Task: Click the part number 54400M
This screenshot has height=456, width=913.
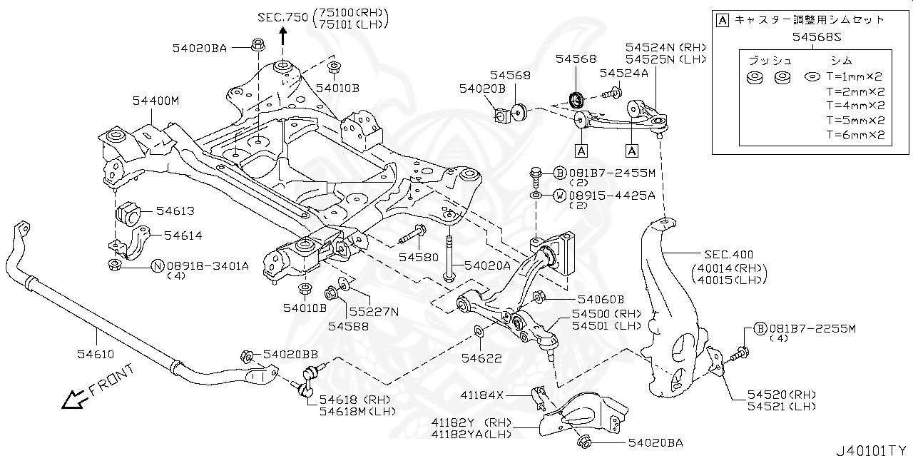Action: click(x=155, y=101)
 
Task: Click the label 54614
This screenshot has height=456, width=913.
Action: click(x=183, y=235)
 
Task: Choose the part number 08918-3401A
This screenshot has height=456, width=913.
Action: click(x=208, y=266)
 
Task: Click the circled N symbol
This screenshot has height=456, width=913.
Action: click(x=158, y=266)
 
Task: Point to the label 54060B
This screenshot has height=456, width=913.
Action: click(x=601, y=300)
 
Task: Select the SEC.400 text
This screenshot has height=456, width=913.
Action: click(x=728, y=254)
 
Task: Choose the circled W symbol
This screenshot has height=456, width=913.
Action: click(x=560, y=195)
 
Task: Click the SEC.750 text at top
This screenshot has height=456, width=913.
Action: click(x=280, y=17)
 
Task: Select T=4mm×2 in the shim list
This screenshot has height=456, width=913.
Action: click(x=855, y=106)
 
